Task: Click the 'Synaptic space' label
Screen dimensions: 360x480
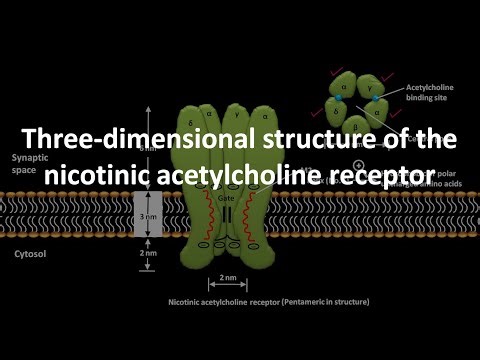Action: tap(28, 165)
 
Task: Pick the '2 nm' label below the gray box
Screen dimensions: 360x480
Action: tap(146, 255)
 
